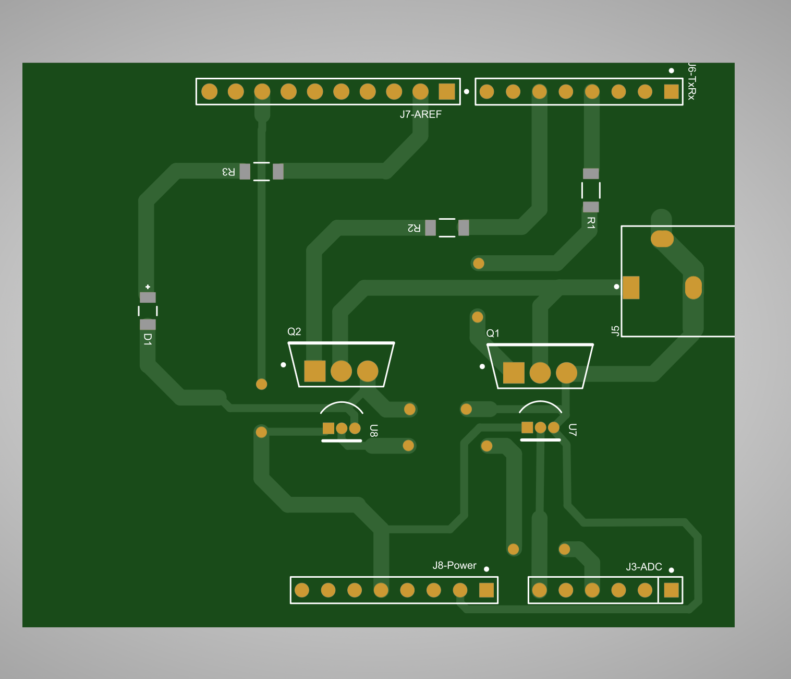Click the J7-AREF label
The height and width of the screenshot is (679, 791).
(421, 114)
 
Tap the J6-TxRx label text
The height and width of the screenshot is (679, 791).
(691, 81)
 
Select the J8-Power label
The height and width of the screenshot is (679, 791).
(454, 565)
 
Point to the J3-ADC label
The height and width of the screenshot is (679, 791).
(643, 567)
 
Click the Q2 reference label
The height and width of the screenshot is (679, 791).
(294, 331)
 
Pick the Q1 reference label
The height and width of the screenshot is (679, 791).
(493, 333)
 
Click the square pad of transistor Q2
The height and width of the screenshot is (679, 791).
(314, 371)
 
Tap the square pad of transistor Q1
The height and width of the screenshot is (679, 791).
(514, 373)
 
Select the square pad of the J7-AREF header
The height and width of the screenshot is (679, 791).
(446, 91)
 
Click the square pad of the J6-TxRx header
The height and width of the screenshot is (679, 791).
(671, 91)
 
